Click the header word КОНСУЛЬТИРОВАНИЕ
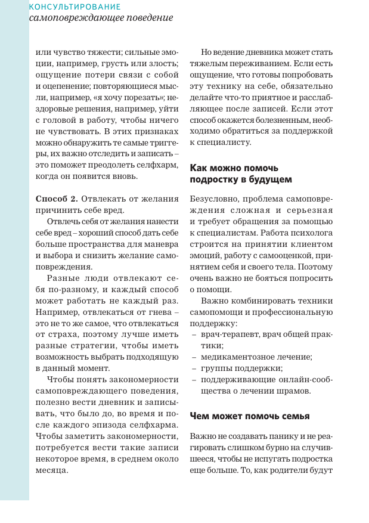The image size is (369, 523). [x=75, y=7]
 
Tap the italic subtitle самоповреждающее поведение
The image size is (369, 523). [x=101, y=18]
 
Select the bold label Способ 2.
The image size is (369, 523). [x=57, y=197]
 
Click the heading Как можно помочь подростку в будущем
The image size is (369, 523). [x=241, y=174]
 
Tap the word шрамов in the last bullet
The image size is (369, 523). [x=295, y=391]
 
